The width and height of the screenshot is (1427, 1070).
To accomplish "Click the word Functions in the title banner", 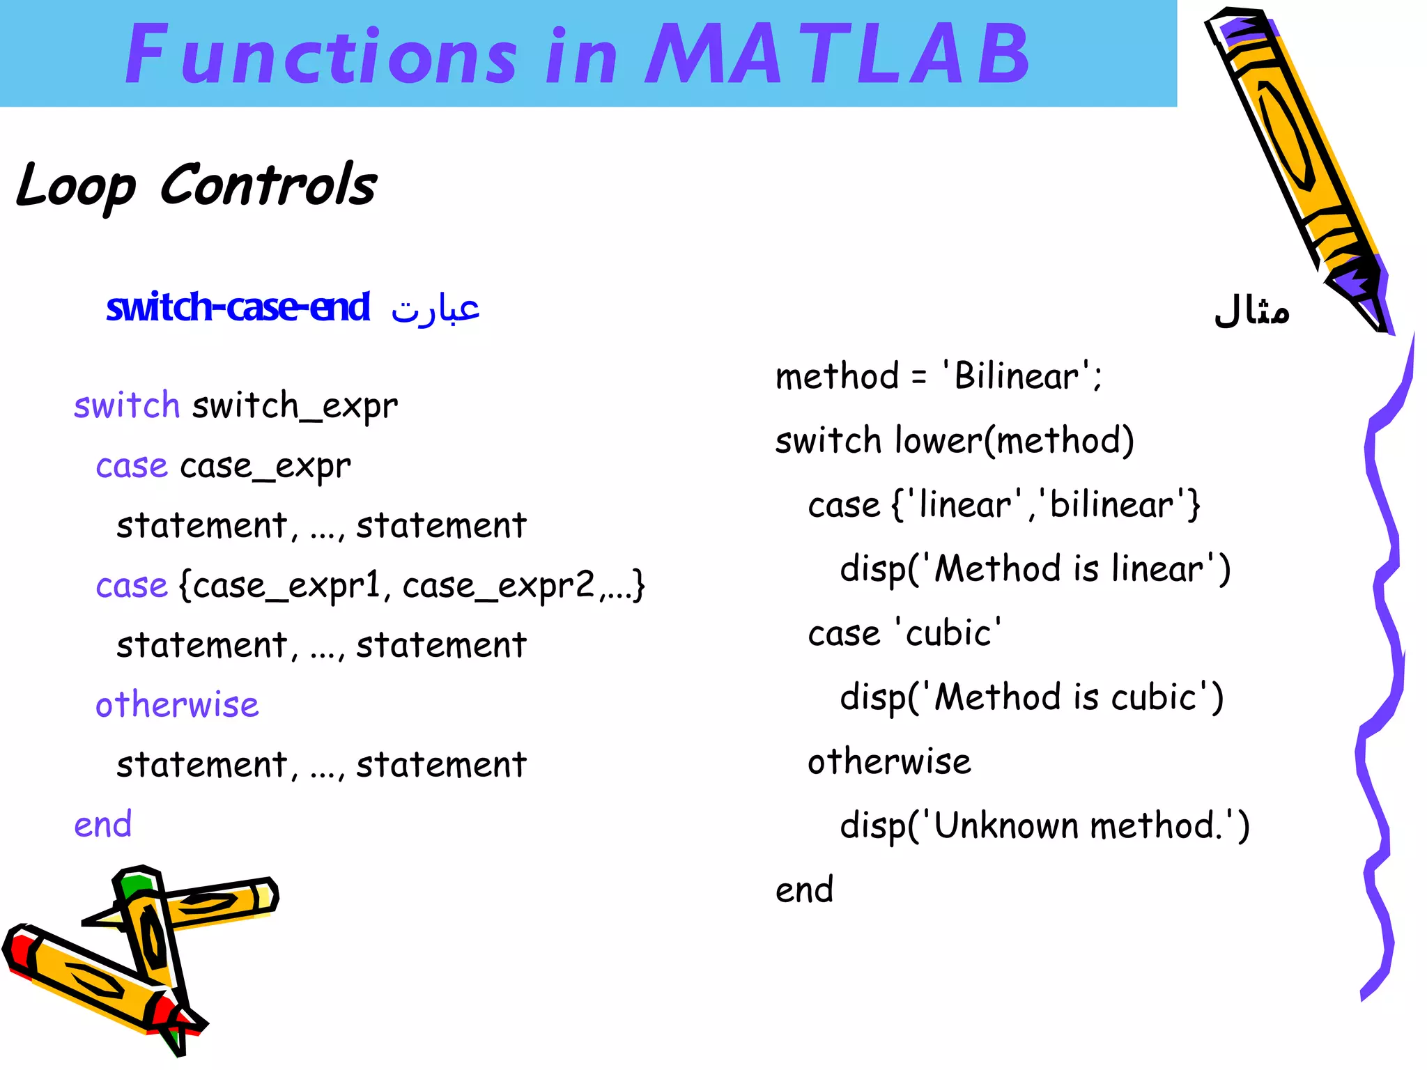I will [x=321, y=54].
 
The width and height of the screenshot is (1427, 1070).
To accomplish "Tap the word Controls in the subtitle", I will [x=268, y=185].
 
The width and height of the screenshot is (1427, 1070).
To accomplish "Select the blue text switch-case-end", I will [x=238, y=307].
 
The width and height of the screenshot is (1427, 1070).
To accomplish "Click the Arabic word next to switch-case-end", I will [x=435, y=309].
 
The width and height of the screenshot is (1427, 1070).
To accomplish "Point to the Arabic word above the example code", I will [x=1251, y=311].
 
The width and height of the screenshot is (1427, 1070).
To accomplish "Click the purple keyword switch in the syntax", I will [x=127, y=405].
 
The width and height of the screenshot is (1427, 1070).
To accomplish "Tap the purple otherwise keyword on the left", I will [x=177, y=705].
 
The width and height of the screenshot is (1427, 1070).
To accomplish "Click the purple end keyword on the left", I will [x=103, y=825].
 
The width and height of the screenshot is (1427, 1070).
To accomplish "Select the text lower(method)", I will [x=1015, y=441].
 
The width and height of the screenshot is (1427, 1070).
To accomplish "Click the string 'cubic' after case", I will [x=948, y=633].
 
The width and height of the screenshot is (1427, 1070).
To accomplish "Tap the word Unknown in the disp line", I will [x=1008, y=826].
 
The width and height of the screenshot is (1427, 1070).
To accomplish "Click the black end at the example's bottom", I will [x=804, y=890].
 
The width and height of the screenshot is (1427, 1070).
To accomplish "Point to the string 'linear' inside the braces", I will [x=964, y=504].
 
